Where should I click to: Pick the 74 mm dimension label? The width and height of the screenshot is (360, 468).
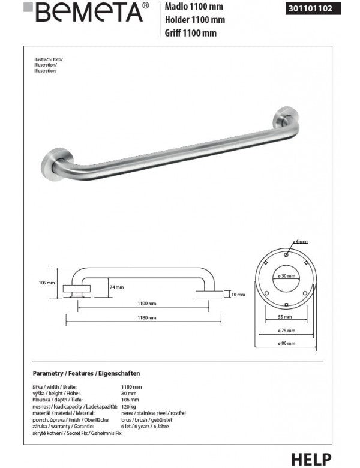[x=116, y=287]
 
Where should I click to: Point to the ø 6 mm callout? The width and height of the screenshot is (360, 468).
[x=299, y=241]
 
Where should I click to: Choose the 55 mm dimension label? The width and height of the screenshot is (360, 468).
[x=286, y=316]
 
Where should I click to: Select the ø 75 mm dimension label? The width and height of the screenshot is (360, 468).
[x=286, y=331]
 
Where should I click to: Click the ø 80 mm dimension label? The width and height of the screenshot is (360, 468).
[x=286, y=344]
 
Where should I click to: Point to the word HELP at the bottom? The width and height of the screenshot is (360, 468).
[x=311, y=459]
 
